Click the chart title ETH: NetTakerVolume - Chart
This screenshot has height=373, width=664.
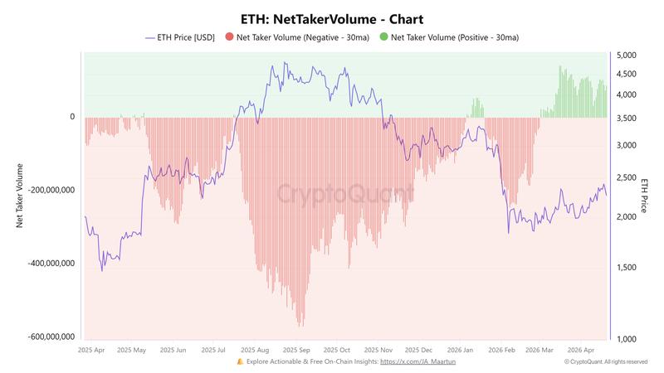[x=332, y=17]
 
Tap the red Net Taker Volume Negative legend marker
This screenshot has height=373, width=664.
[x=230, y=37]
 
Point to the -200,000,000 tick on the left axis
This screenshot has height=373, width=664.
[x=52, y=190]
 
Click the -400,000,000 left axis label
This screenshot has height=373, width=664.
[x=52, y=264]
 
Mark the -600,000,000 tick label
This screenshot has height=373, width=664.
[x=52, y=337]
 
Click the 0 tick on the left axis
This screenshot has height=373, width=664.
[x=72, y=117]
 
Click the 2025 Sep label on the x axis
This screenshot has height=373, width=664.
[x=296, y=351]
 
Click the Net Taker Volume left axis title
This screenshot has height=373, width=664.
[x=19, y=196]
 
